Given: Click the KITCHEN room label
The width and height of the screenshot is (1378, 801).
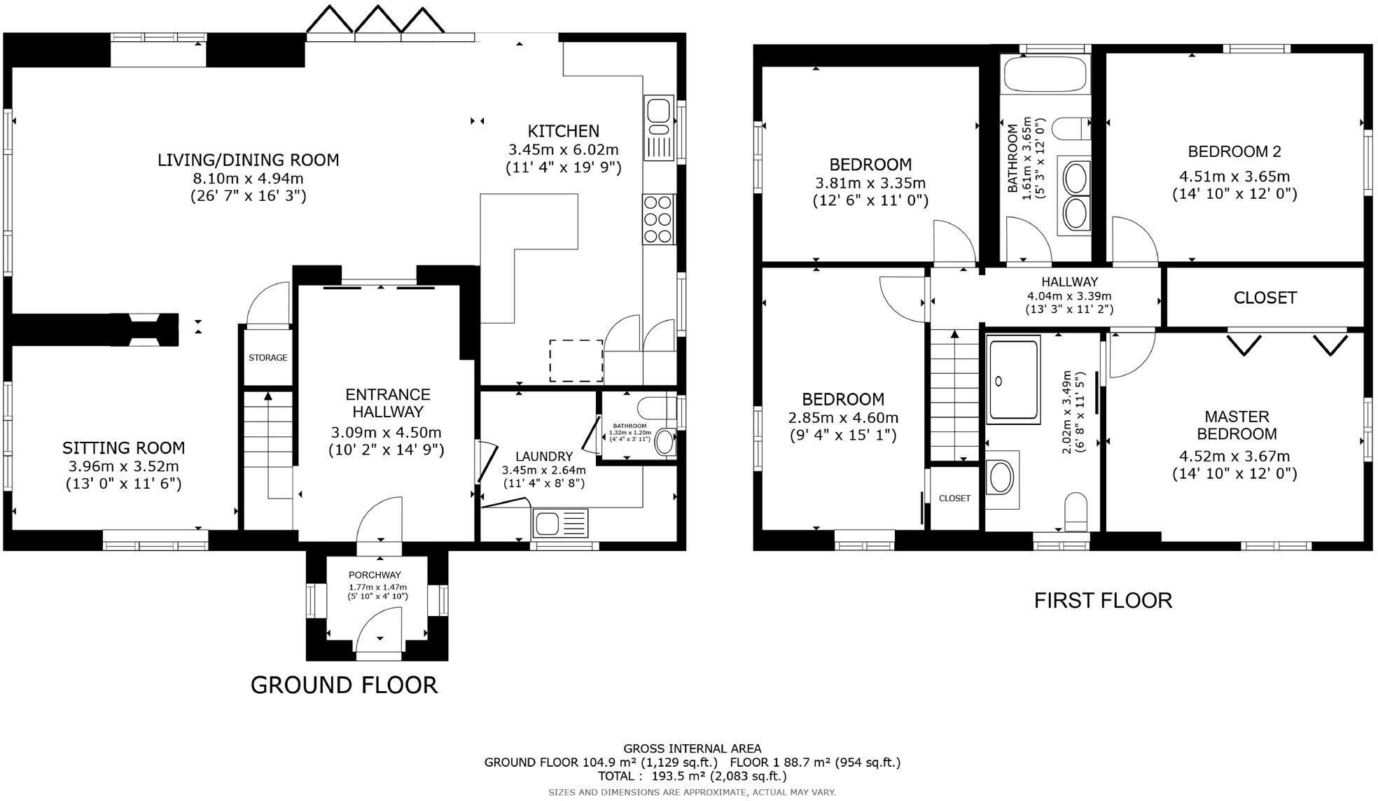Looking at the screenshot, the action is tap(563, 131).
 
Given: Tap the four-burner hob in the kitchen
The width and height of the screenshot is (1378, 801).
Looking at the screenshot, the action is tap(658, 219).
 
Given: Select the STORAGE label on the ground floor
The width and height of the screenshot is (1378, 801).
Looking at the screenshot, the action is tap(268, 358).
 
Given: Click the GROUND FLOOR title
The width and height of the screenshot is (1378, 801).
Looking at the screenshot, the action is tap(344, 685).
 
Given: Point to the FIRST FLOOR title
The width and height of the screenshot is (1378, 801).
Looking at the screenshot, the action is tap(1103, 601).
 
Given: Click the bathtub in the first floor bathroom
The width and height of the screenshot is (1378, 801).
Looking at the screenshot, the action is tap(1046, 74).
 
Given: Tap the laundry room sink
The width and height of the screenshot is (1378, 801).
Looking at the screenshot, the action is tap(560, 523).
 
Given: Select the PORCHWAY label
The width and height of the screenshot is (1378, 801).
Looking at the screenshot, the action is tap(375, 576).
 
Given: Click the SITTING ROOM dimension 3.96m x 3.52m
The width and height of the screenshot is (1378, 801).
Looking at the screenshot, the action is tap(123, 466).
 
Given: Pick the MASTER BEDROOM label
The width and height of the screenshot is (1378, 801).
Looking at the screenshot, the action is tap(1237, 425).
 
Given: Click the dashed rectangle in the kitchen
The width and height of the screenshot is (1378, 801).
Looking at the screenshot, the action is tap(576, 361).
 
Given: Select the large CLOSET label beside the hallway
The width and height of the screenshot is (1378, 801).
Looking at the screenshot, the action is tap(1265, 298).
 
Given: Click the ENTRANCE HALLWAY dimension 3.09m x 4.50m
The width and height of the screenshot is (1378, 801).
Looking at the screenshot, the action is tap(387, 432).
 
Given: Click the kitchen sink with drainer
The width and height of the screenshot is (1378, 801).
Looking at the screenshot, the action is tap(658, 130).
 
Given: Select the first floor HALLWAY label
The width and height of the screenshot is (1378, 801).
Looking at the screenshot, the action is tap(1069, 282).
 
